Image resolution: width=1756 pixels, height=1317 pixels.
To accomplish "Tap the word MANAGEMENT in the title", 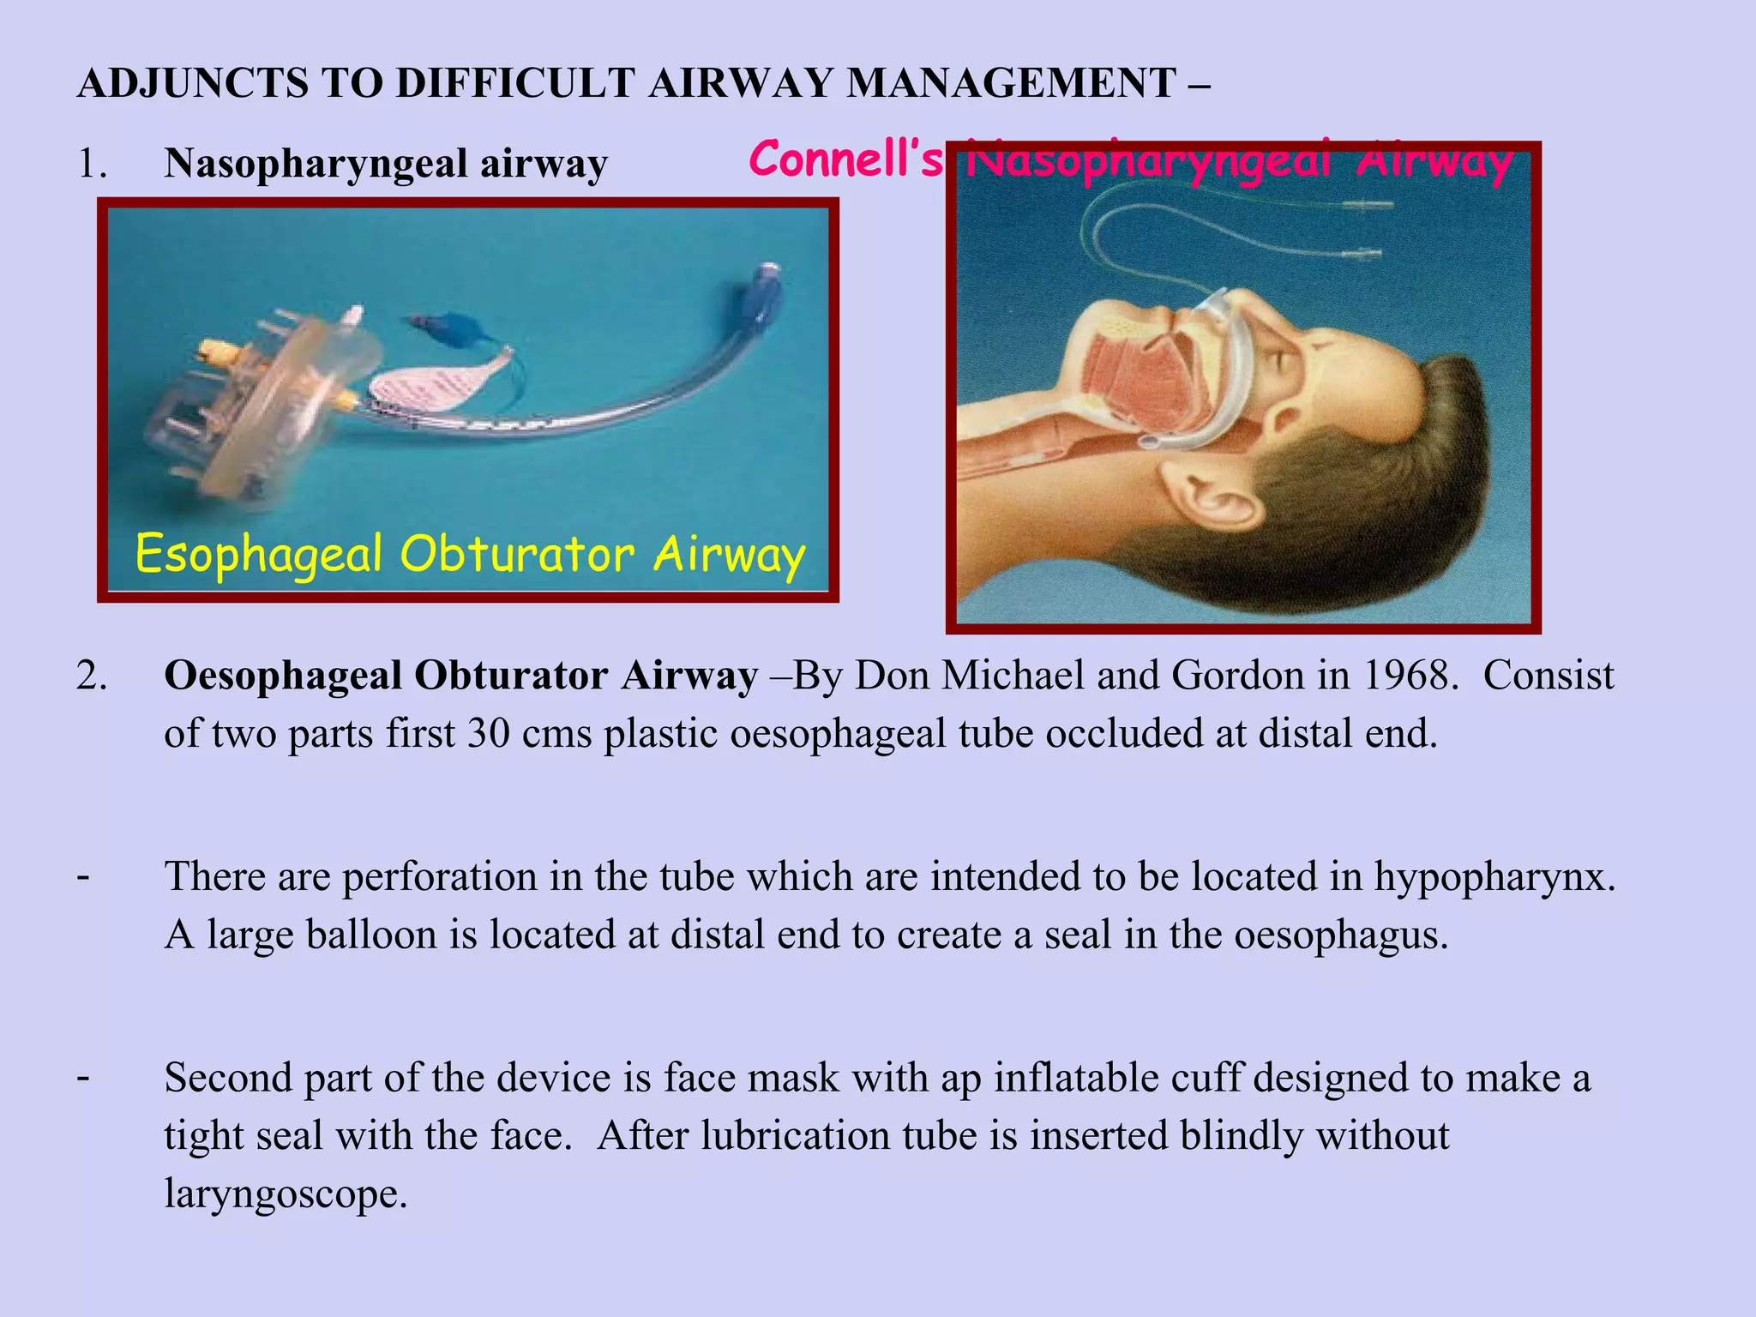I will pyautogui.click(x=1011, y=84).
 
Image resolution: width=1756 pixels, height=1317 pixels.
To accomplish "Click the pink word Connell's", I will pyautogui.click(x=845, y=159).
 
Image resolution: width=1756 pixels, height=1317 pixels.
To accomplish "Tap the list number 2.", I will pyautogui.click(x=91, y=677).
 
